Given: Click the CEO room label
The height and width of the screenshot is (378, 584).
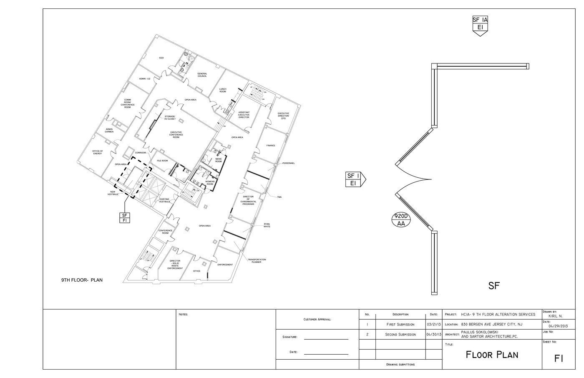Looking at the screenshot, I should [x=161, y=58].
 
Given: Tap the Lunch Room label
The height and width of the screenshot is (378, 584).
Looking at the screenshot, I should [x=223, y=90].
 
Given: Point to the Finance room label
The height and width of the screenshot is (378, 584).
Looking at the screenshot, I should [x=271, y=146].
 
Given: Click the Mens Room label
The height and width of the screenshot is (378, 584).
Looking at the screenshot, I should [x=218, y=160].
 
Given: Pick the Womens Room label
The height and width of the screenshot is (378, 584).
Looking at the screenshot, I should [x=209, y=183].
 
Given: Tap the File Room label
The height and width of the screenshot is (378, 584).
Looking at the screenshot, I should [x=162, y=161].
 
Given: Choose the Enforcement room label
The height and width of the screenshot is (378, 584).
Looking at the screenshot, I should [x=225, y=265].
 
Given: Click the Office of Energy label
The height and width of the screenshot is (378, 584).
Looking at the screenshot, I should [x=98, y=152].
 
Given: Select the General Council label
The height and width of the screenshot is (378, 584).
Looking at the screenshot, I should [x=202, y=75].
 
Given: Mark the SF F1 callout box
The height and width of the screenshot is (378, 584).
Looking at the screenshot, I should [x=124, y=217].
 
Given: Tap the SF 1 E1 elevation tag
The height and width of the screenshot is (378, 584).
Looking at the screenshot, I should [x=353, y=179].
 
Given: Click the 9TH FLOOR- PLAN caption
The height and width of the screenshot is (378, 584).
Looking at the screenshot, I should [x=82, y=280].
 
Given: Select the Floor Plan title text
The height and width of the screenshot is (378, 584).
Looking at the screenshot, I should [x=492, y=355].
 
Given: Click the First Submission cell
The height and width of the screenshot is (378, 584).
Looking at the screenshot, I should [x=400, y=324].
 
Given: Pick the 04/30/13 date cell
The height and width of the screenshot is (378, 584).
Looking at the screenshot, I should [x=434, y=335].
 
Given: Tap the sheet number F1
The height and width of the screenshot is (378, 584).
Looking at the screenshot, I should [x=559, y=358].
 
